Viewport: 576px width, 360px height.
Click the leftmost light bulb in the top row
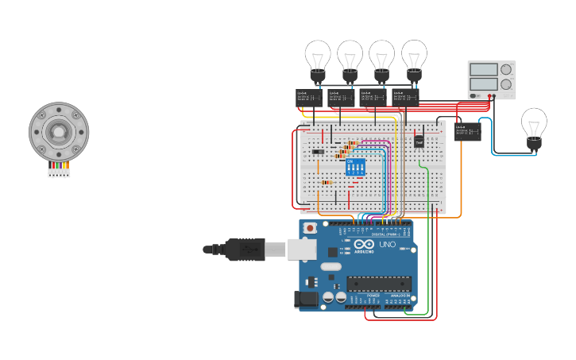(318, 58)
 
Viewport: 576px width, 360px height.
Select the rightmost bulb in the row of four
(413, 58)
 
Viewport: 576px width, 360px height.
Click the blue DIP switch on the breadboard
(355, 167)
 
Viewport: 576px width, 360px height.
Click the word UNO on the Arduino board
(388, 245)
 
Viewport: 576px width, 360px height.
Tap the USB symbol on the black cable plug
(245, 250)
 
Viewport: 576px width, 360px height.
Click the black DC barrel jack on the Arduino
(306, 299)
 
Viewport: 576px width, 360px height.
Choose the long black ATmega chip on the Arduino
(379, 284)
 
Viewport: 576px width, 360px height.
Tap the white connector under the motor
(59, 172)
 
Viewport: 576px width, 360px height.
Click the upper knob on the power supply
(506, 70)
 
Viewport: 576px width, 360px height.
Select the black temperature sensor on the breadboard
(419, 141)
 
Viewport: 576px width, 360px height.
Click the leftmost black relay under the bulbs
(308, 97)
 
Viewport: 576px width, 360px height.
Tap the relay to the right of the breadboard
(468, 131)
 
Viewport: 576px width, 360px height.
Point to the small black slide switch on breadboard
(318, 151)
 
